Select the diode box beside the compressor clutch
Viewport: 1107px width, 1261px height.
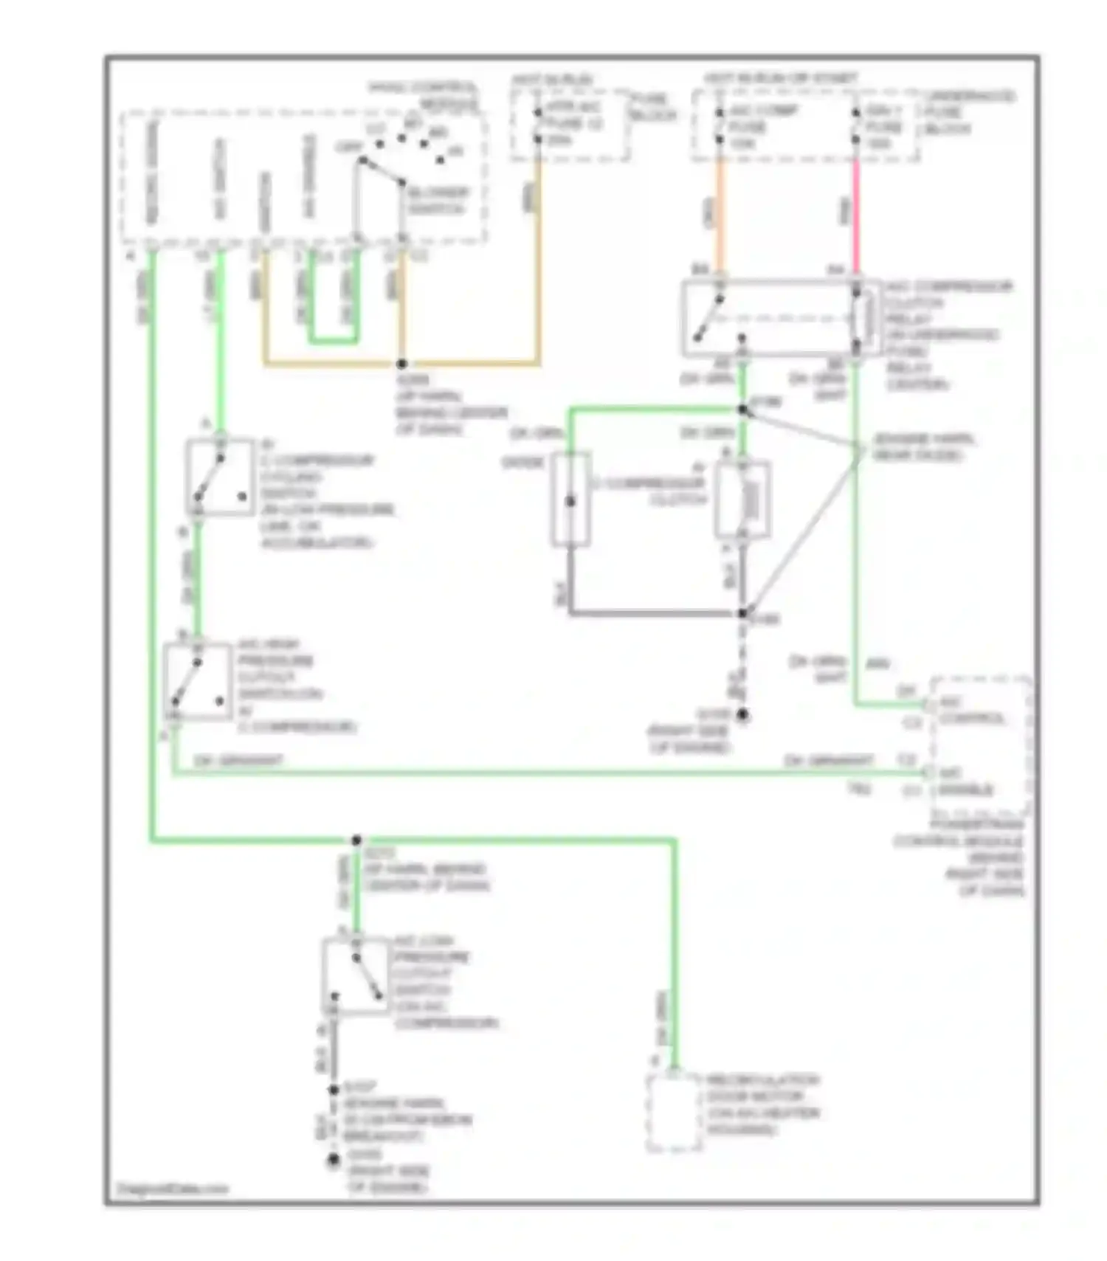tap(570, 500)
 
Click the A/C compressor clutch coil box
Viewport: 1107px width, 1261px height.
tap(743, 500)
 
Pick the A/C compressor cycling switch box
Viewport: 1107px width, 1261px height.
tap(219, 477)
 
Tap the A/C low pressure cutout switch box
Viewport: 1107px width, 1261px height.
tap(356, 975)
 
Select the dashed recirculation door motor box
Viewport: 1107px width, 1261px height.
tap(673, 1113)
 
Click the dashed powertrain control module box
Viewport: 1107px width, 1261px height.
tap(981, 745)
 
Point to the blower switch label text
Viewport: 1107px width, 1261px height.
tap(438, 201)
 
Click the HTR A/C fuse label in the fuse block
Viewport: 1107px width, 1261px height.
tap(575, 124)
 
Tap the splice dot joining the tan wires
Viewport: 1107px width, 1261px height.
tap(402, 364)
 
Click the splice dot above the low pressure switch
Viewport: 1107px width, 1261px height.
tap(356, 840)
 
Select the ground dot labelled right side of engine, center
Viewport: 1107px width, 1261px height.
tap(743, 715)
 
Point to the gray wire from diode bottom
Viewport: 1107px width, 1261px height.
tap(649, 612)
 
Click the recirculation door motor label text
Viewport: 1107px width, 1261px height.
tap(762, 1105)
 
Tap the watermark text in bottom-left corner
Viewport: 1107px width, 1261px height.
tap(173, 1189)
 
